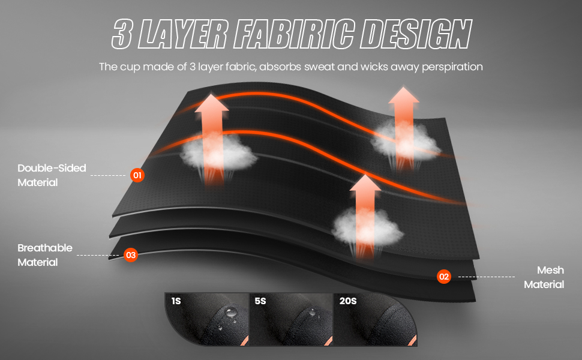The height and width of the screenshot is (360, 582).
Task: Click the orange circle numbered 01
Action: click(137, 176)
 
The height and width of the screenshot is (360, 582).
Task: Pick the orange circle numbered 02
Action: click(443, 277)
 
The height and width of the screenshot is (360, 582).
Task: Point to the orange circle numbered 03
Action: click(131, 255)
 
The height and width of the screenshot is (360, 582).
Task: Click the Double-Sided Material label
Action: click(52, 175)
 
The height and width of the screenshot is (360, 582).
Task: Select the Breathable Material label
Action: click(45, 255)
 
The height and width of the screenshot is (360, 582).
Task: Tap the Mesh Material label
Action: click(544, 277)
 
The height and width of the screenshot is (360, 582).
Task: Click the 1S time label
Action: click(176, 301)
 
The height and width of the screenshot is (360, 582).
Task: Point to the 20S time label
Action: click(347, 301)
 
